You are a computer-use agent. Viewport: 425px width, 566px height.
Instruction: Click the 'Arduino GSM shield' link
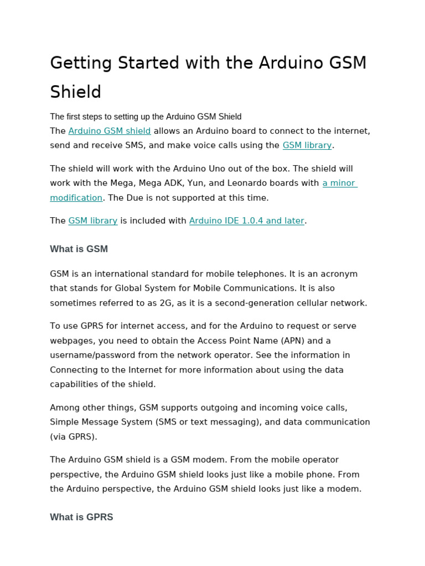pyautogui.click(x=110, y=131)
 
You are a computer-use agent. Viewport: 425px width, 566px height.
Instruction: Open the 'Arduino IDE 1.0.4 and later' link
pyautogui.click(x=247, y=221)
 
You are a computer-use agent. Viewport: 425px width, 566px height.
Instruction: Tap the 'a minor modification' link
pyautogui.click(x=340, y=183)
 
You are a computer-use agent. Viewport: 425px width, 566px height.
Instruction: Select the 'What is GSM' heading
pyautogui.click(x=79, y=249)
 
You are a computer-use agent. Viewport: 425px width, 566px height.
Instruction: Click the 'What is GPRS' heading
pyautogui.click(x=81, y=517)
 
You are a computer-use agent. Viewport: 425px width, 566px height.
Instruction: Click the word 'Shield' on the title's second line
pyautogui.click(x=76, y=92)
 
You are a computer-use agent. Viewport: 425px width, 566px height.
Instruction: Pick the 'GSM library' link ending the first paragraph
pyautogui.click(x=307, y=145)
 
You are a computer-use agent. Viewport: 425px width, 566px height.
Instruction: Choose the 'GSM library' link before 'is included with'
pyautogui.click(x=93, y=221)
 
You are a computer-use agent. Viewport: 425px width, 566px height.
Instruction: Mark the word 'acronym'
pyautogui.click(x=341, y=274)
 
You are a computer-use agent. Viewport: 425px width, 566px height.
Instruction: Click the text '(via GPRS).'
pyautogui.click(x=74, y=436)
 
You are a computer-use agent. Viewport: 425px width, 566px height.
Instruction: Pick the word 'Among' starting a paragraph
pyautogui.click(x=64, y=407)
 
